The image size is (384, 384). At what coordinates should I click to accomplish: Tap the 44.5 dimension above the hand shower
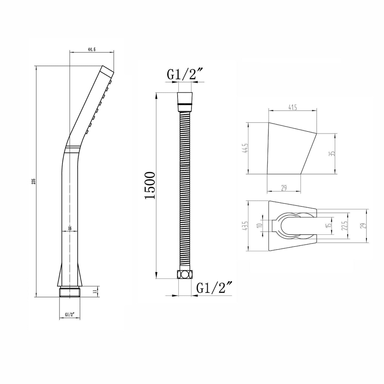[x=91, y=49]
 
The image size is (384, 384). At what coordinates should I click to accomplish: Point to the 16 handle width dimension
[x=70, y=228]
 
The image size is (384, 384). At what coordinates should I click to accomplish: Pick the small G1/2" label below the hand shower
[x=70, y=314]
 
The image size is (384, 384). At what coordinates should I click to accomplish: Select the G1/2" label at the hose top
[x=185, y=75]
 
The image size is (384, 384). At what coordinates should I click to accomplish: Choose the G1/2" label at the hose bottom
[x=214, y=288]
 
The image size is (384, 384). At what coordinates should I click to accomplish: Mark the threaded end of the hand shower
[x=70, y=292]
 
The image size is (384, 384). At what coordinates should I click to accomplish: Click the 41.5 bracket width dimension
[x=292, y=107]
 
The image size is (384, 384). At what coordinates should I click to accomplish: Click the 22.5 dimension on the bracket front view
[x=345, y=226]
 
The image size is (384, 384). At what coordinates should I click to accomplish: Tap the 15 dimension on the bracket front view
[x=330, y=225]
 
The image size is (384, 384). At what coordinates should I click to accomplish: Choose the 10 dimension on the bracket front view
[x=260, y=225]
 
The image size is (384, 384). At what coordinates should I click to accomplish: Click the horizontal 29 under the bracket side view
[x=284, y=188]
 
